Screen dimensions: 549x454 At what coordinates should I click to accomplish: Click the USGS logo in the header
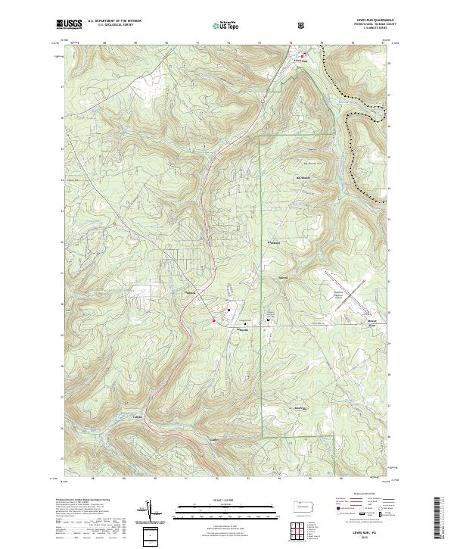point(70,24)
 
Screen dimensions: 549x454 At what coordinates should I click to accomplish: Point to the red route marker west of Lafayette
point(214,320)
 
